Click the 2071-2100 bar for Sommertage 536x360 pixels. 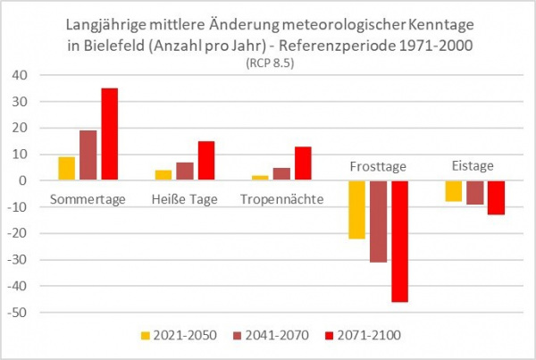[x=109, y=134]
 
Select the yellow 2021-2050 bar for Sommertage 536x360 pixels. [x=67, y=169]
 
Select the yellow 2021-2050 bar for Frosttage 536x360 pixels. [x=357, y=210]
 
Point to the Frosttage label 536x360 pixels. [x=378, y=166]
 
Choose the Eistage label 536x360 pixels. [x=473, y=166]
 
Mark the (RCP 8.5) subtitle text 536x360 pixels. [x=268, y=63]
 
